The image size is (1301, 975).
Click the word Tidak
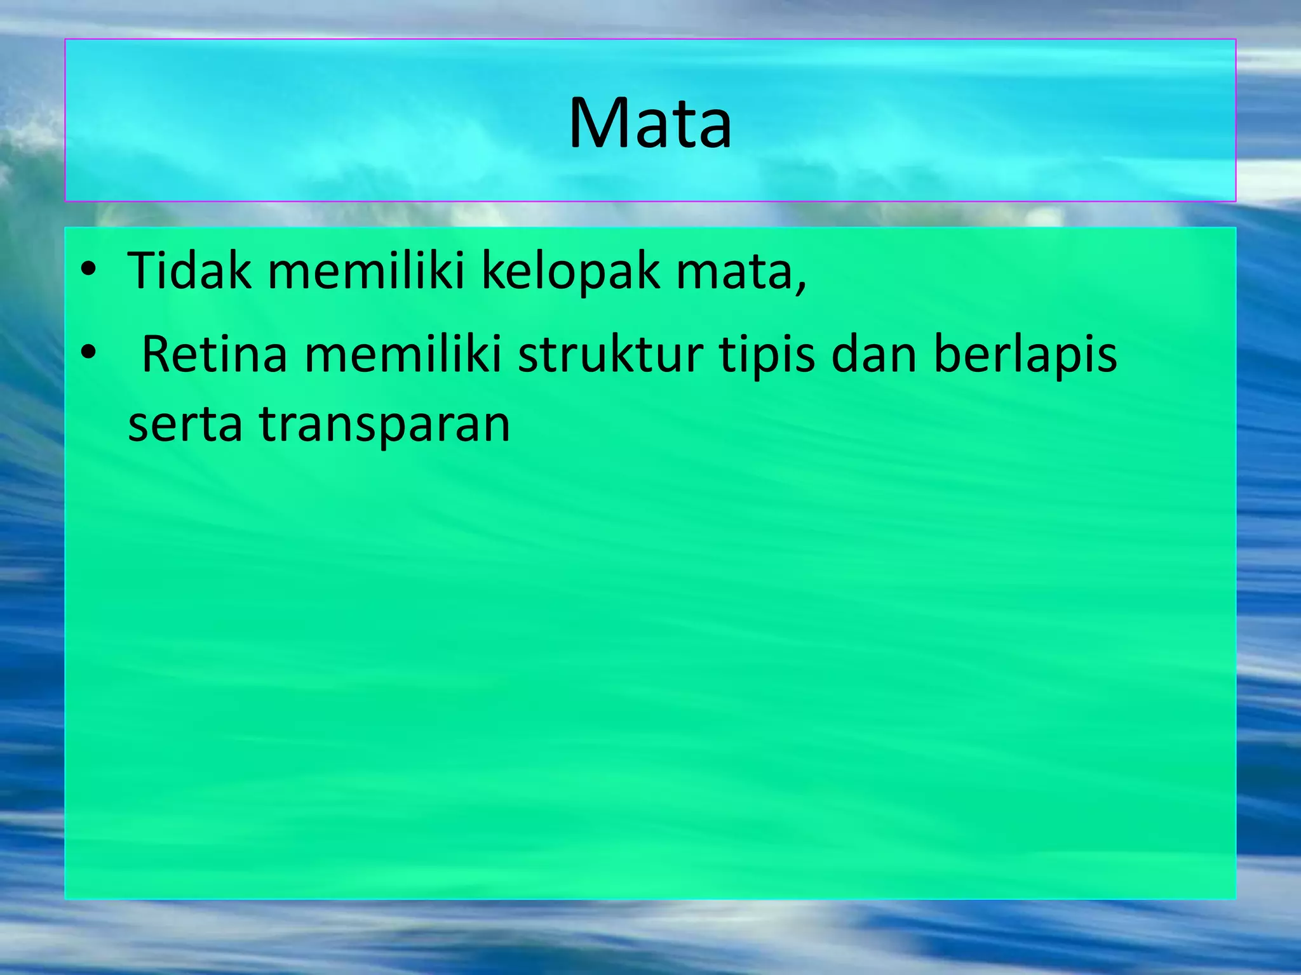tap(189, 271)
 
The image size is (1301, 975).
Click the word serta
tap(185, 425)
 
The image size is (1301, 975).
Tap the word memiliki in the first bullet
tap(366, 271)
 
